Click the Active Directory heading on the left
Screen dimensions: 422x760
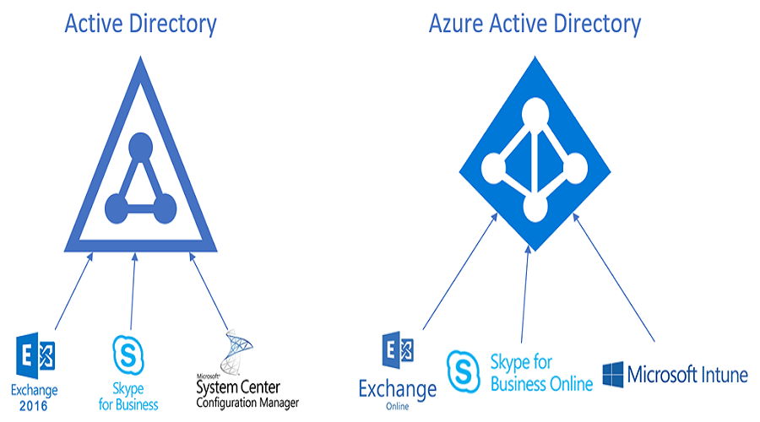[x=140, y=23]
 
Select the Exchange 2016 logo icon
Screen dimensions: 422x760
[x=35, y=357]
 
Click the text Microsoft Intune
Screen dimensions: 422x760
[x=686, y=374]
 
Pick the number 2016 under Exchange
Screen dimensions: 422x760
[x=35, y=406]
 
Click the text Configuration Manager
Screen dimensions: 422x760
[x=247, y=403]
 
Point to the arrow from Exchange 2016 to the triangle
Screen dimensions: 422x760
[x=73, y=292]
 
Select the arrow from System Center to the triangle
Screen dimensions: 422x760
[x=209, y=292]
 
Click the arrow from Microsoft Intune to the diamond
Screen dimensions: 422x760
[x=613, y=278]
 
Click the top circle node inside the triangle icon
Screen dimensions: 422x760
[x=138, y=145]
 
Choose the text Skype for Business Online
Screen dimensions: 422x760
[x=541, y=372]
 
